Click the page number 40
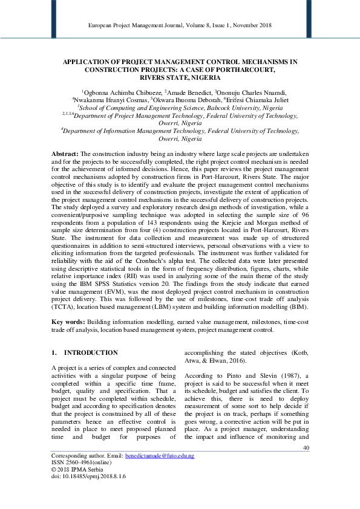coord(305,464)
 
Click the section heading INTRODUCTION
coord(91,352)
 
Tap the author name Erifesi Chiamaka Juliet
coord(257,99)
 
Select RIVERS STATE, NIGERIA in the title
coord(179,77)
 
